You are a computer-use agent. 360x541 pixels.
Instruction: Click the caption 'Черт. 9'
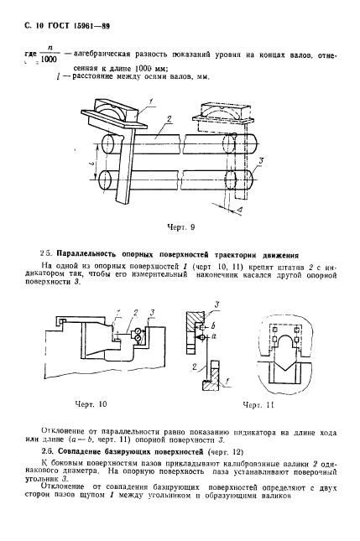tap(181, 227)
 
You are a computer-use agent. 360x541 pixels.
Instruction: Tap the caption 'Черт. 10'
tap(91, 404)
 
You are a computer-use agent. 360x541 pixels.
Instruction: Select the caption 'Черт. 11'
tap(258, 405)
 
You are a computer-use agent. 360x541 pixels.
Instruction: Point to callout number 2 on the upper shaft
tap(170, 119)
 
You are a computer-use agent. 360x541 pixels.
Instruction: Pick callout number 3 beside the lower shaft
tap(261, 161)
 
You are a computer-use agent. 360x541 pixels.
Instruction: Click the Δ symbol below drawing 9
tap(241, 210)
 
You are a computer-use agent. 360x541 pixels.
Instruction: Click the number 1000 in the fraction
tap(48, 60)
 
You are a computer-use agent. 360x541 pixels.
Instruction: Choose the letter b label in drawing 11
tap(214, 326)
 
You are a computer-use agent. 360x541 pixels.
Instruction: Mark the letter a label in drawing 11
tap(214, 336)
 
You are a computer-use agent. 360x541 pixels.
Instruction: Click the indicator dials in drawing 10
tap(138, 335)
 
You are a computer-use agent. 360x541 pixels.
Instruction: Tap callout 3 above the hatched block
tap(217, 304)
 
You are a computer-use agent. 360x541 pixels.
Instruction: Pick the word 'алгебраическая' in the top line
tap(102, 55)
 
